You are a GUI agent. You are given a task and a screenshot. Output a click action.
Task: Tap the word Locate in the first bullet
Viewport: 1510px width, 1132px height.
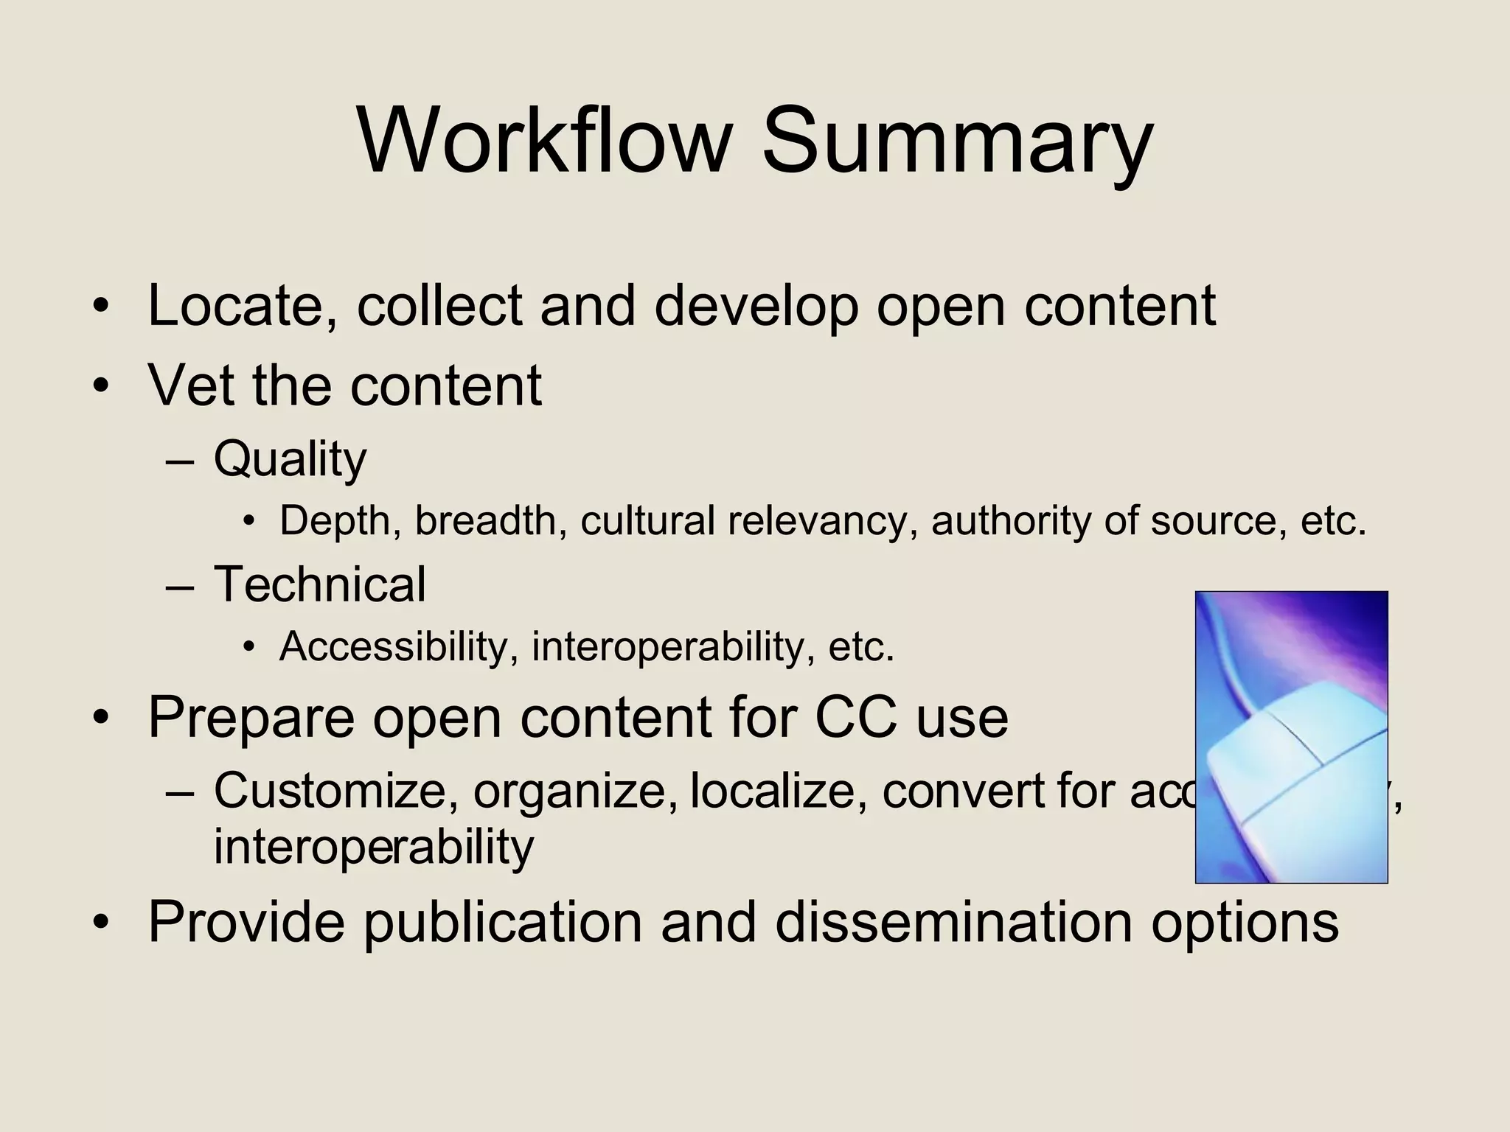pyautogui.click(x=237, y=306)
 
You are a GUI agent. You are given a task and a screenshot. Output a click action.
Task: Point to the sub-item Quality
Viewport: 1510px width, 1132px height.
pyautogui.click(x=290, y=460)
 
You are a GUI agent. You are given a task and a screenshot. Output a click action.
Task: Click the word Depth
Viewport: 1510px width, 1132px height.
pyautogui.click(x=339, y=522)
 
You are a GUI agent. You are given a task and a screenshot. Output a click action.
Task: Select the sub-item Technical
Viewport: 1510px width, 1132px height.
pyautogui.click(x=319, y=584)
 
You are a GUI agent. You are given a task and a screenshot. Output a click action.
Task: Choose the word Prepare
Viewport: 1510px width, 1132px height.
pyautogui.click(x=251, y=719)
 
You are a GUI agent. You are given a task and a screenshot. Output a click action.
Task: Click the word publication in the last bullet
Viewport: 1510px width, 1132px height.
pyautogui.click(x=504, y=923)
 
